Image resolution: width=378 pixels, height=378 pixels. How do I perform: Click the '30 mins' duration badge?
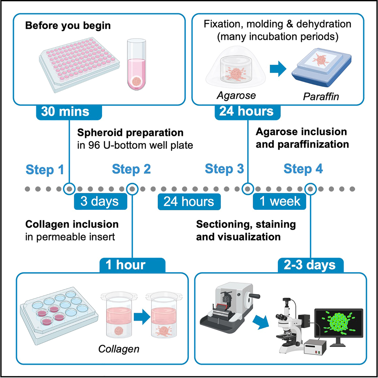[x=69, y=111]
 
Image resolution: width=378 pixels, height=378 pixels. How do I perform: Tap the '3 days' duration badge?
[x=99, y=201]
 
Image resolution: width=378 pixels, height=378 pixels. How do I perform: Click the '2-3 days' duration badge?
[x=311, y=265]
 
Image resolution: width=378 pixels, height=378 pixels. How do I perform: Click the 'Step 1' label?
[x=45, y=170]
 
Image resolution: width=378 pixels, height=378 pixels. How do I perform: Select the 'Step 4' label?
[x=303, y=169]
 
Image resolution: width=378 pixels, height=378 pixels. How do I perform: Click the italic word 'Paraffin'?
[x=321, y=97]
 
